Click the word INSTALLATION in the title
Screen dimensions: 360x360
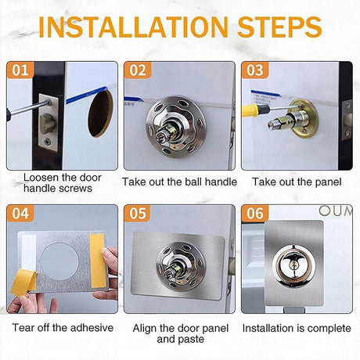[x=134, y=27]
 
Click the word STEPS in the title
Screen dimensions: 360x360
[x=279, y=27]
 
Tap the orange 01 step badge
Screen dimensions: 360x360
[x=20, y=70]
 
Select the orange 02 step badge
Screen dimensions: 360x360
[x=138, y=70]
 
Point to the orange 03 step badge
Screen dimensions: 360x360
[x=255, y=70]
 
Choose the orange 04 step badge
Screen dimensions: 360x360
[x=20, y=213]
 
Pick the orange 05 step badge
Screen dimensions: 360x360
[x=138, y=213]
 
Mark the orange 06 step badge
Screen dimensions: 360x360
[x=255, y=213]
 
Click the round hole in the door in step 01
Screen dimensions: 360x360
[x=100, y=113]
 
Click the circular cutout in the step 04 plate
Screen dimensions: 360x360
[x=59, y=261]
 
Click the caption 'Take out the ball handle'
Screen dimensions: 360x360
[x=179, y=182]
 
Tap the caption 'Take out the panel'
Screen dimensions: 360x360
[x=297, y=182]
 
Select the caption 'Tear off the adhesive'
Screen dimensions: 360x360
[x=63, y=328]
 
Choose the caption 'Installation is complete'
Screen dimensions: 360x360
[x=297, y=328]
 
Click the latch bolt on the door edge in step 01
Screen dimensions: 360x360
[x=48, y=122]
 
